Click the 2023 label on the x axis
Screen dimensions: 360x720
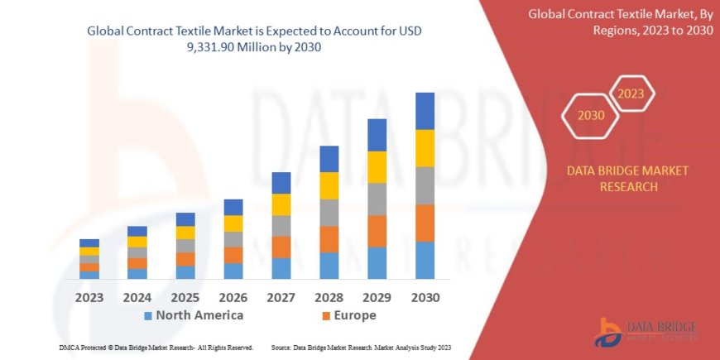tap(89, 296)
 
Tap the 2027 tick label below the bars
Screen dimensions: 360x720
tap(281, 296)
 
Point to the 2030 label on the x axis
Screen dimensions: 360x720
tap(425, 296)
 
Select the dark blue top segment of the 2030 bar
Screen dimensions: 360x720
tap(425, 111)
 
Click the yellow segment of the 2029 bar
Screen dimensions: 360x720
tap(377, 167)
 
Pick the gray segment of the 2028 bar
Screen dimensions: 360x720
tap(329, 213)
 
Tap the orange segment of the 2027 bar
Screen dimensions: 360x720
tap(281, 247)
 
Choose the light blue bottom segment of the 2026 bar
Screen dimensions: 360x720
tap(233, 271)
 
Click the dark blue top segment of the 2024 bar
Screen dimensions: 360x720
tap(137, 231)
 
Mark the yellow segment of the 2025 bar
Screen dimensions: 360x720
tap(185, 233)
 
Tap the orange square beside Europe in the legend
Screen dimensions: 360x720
tap(326, 316)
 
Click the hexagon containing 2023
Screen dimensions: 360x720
tap(631, 94)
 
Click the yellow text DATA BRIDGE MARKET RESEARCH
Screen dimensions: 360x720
tap(627, 179)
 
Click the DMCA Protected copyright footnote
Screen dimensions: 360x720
tap(156, 348)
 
